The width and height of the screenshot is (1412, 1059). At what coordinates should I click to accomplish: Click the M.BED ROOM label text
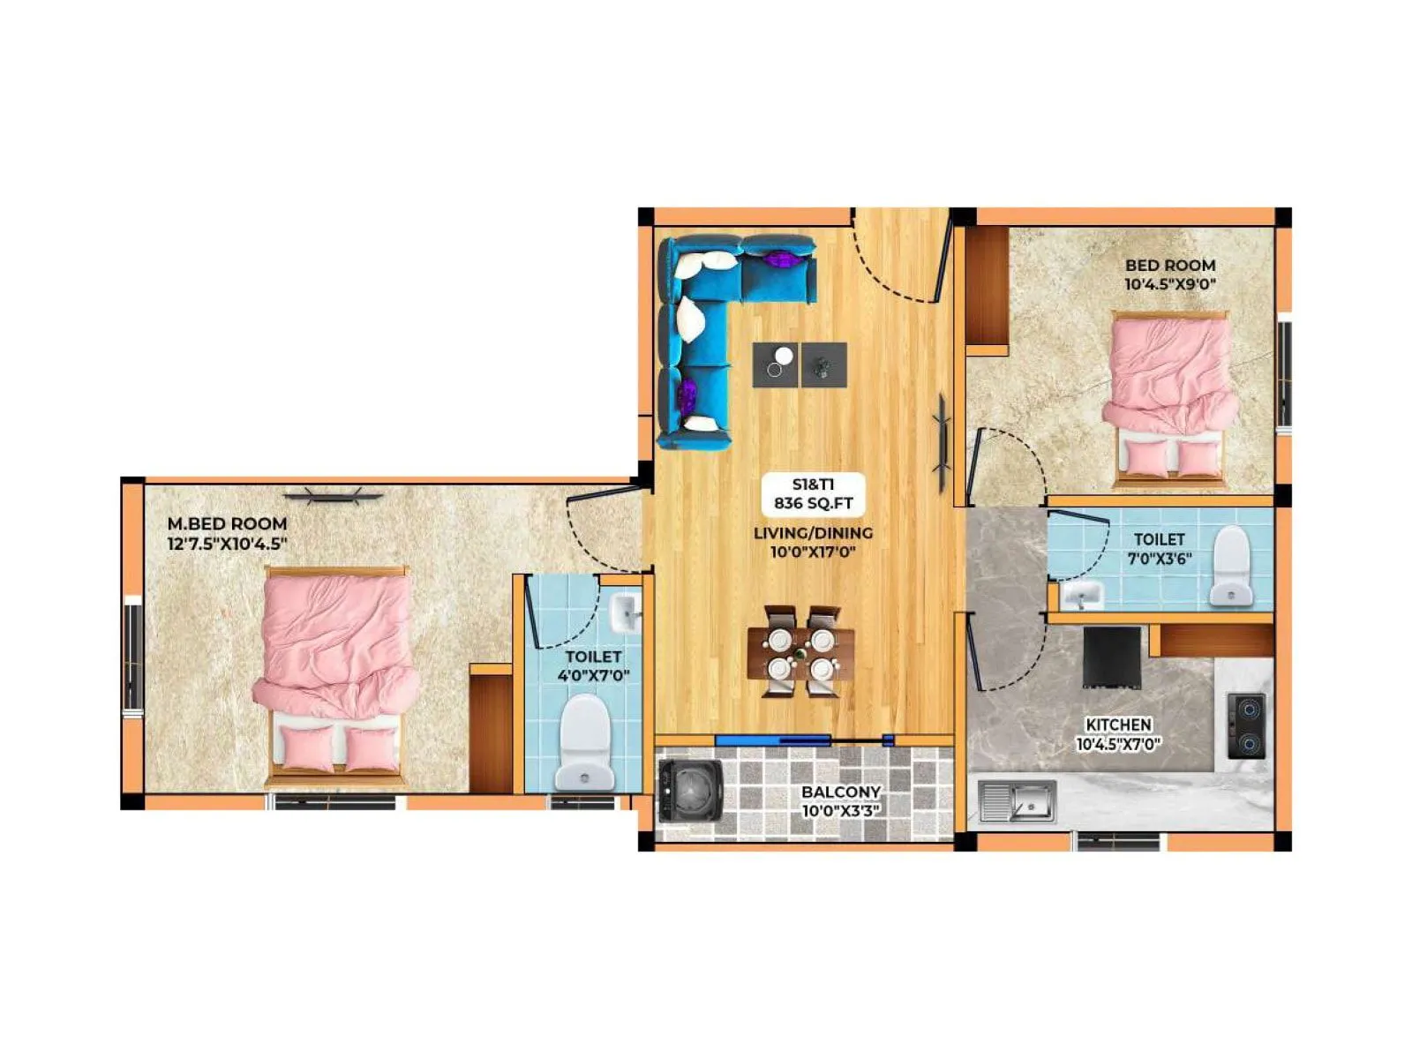tap(227, 523)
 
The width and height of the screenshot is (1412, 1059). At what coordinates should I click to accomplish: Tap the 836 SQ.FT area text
tap(813, 504)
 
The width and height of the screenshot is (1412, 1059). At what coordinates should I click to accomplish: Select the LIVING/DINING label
tap(813, 533)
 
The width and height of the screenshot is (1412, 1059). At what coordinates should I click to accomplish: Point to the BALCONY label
tap(841, 792)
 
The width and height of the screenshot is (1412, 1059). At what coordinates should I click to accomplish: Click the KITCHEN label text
tap(1118, 725)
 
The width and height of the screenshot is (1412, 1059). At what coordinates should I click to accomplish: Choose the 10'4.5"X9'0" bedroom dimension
tap(1170, 284)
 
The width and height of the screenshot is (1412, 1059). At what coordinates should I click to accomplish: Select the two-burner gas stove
tap(1246, 726)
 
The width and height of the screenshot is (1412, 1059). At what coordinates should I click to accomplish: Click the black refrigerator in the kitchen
tap(1112, 657)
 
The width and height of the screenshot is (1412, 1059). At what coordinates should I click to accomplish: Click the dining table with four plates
tap(800, 653)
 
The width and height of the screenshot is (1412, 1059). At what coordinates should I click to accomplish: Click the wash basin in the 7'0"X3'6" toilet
tap(1081, 596)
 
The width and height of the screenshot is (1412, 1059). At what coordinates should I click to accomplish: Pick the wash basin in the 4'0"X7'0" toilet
tap(626, 612)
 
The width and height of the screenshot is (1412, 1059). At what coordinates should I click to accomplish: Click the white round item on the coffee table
tap(784, 356)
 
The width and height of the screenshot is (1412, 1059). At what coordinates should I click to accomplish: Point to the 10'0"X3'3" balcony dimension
tap(841, 810)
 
